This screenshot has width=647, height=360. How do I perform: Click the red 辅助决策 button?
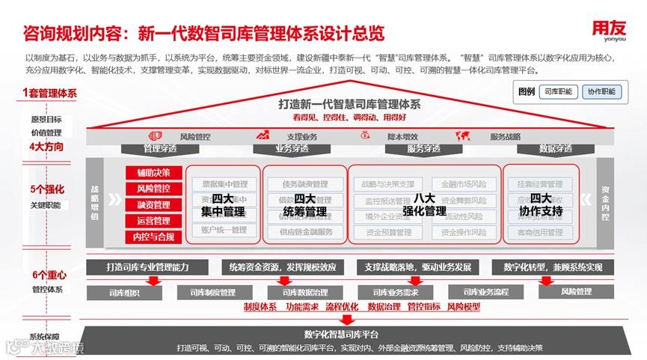coord(153,173)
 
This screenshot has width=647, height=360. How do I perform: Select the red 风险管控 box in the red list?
coord(153,189)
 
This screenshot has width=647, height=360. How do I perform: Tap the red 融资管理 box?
coord(153,204)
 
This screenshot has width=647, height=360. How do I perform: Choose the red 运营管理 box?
coord(153,221)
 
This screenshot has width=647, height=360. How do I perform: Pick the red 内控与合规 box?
coord(153,237)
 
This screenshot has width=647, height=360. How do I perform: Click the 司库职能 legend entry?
coord(558,91)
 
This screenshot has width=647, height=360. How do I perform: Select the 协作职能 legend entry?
coord(601,91)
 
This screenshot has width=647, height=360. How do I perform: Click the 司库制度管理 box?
coord(212,292)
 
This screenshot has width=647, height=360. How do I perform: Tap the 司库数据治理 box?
coord(305,292)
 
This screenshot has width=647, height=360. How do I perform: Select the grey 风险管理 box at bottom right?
coord(576,292)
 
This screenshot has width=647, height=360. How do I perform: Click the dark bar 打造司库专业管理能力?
coord(148,267)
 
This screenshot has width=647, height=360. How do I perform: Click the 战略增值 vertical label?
coord(94,201)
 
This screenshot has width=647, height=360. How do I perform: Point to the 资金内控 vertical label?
coord(606,201)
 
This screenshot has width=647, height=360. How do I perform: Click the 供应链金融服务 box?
coord(306,232)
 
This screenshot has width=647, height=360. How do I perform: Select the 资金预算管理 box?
coord(389,232)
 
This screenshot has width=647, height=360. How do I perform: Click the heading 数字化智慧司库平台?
coord(342,334)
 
